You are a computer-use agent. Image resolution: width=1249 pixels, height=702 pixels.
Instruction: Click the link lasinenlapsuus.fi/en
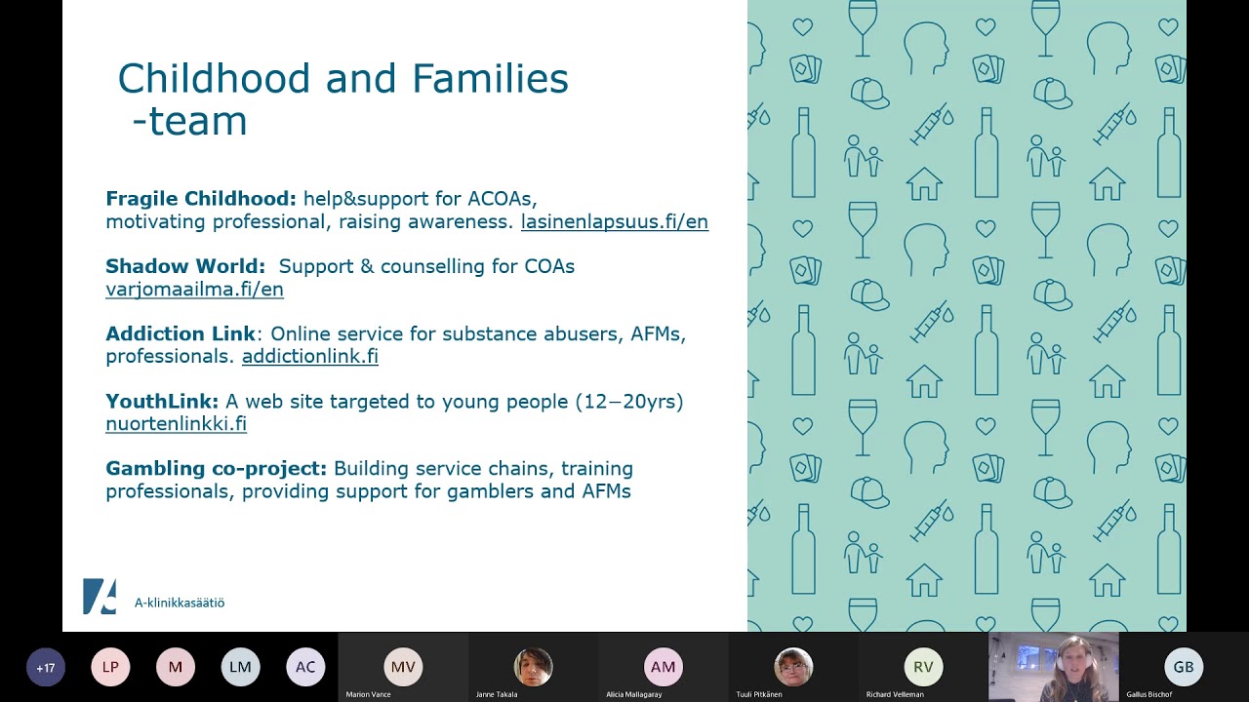[x=614, y=222]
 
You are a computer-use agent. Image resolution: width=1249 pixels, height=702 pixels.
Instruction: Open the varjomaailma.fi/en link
[x=194, y=290]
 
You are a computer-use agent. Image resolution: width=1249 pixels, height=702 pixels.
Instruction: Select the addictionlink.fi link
[x=309, y=357]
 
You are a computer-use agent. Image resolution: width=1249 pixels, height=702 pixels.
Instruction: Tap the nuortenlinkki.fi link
[x=176, y=424]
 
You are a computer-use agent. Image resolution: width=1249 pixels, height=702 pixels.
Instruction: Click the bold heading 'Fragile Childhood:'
[x=200, y=199]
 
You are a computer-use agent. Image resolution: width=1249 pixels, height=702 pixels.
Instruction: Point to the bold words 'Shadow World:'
[x=185, y=266]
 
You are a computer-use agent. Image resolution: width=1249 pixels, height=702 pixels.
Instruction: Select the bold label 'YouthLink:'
[x=162, y=402]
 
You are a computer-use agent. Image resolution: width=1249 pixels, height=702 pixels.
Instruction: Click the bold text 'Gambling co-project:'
[x=216, y=469]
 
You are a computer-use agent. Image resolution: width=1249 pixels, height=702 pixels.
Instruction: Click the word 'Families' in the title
[x=490, y=79]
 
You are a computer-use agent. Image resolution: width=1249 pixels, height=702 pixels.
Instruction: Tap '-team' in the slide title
[x=189, y=122]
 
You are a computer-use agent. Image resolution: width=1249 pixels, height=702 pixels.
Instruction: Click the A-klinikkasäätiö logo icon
[x=100, y=597]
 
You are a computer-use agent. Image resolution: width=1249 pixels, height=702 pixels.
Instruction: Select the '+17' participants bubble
[x=46, y=668]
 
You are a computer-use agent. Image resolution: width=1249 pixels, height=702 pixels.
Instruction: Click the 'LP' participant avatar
[x=110, y=668]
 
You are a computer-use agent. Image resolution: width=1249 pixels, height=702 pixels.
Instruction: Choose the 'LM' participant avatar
[x=240, y=668]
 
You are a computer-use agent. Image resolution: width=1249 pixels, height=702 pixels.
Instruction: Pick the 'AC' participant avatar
[x=305, y=668]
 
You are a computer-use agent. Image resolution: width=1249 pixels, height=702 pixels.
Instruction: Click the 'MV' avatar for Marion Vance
[x=403, y=667]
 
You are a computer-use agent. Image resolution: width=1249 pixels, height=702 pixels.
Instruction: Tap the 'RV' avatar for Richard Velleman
[x=923, y=667]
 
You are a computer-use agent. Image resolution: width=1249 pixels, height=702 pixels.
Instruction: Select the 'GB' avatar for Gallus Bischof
[x=1184, y=667]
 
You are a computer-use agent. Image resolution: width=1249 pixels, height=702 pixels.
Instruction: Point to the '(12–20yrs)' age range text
[x=629, y=402]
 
